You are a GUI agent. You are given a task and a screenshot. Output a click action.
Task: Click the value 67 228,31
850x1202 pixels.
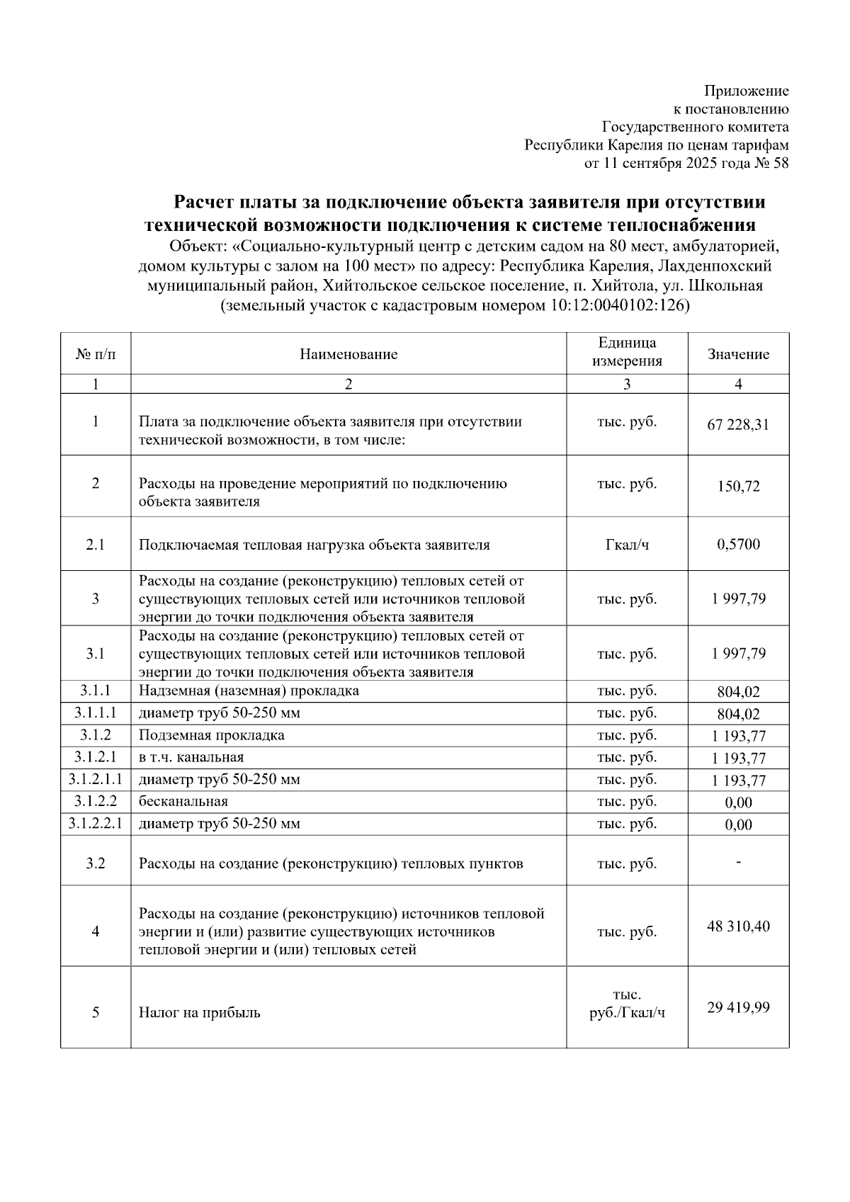(738, 425)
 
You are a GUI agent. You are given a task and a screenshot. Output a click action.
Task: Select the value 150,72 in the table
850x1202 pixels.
(738, 487)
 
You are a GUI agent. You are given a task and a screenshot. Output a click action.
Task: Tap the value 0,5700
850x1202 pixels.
(738, 545)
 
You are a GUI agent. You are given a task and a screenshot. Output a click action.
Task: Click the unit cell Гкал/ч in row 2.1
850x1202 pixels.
(627, 545)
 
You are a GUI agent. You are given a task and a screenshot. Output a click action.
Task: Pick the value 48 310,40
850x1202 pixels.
(738, 926)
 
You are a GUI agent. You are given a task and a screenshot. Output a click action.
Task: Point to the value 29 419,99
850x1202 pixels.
(738, 1007)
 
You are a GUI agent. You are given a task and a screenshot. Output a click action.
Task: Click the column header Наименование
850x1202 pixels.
(348, 354)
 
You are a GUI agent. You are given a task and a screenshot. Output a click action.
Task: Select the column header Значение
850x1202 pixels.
(738, 354)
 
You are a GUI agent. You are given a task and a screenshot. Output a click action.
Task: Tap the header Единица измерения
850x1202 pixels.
(627, 352)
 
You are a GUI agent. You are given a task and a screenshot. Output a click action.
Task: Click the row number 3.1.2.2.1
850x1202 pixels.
(96, 824)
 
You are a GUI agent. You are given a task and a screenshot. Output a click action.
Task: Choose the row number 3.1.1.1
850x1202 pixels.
(96, 713)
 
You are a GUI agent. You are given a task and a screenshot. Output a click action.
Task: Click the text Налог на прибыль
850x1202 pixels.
(200, 1013)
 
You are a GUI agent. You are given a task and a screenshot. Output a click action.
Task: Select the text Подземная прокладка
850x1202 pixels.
(212, 735)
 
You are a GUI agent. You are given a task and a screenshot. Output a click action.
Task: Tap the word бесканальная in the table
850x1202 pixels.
(183, 802)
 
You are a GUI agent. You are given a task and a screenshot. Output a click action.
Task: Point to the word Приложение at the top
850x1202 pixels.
(746, 91)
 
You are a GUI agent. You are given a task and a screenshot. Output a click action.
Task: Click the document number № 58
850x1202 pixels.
(771, 164)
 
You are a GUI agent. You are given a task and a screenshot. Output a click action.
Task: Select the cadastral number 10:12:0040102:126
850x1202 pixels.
(616, 306)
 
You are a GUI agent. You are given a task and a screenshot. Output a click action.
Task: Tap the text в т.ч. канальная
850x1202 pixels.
(191, 757)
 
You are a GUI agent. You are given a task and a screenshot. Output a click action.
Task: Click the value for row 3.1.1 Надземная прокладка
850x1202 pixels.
(738, 692)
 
